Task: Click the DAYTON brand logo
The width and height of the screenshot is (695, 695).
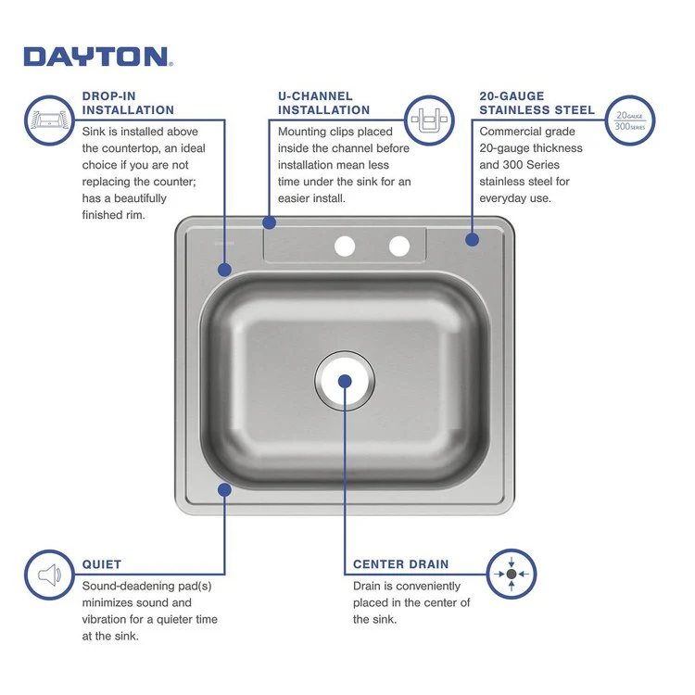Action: pyautogui.click(x=97, y=57)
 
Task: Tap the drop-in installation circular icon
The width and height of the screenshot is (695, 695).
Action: pyautogui.click(x=48, y=120)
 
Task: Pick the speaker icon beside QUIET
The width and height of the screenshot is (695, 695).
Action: pyautogui.click(x=48, y=575)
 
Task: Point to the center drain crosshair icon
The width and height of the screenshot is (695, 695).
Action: pyautogui.click(x=512, y=575)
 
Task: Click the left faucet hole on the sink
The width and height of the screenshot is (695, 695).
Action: pyautogui.click(x=345, y=246)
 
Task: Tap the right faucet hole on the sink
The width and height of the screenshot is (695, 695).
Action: pyautogui.click(x=399, y=246)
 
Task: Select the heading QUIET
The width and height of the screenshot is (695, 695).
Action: pyautogui.click(x=102, y=563)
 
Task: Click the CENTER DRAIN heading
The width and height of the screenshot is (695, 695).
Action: pyautogui.click(x=400, y=563)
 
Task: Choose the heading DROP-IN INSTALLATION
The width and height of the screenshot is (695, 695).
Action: pyautogui.click(x=128, y=103)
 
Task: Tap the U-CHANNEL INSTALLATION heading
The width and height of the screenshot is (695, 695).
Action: pyautogui.click(x=323, y=103)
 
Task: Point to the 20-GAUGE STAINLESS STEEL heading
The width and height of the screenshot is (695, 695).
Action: pyautogui.click(x=537, y=103)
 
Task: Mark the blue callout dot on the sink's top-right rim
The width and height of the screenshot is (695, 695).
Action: pyautogui.click(x=472, y=239)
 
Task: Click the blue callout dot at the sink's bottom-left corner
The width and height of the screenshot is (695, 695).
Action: pyautogui.click(x=223, y=489)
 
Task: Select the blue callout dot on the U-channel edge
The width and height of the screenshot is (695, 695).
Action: pyautogui.click(x=270, y=222)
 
